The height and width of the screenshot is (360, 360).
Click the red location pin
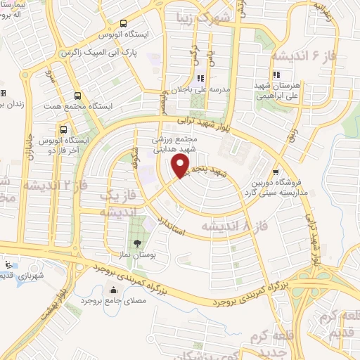point(181,166)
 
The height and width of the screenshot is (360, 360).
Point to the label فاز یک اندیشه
point(116,203)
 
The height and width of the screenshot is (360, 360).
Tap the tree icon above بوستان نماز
point(147,243)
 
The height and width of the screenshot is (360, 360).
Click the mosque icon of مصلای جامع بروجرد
point(114,290)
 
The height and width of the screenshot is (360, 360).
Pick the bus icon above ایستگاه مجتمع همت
point(77,96)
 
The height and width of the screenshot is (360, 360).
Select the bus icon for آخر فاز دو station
point(64,129)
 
